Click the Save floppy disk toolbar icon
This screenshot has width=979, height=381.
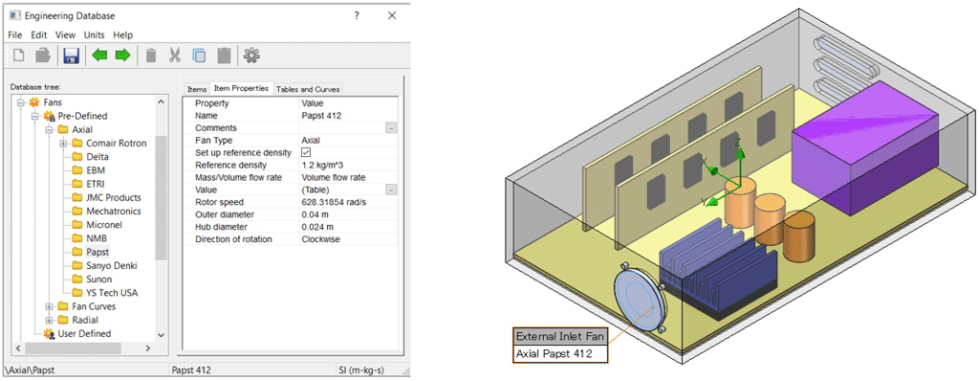[x=72, y=56]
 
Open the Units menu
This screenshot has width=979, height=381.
[x=94, y=34]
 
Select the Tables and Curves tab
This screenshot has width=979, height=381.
[x=308, y=89]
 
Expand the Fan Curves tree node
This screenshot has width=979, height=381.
[x=50, y=306]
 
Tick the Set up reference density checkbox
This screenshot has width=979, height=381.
[x=306, y=152]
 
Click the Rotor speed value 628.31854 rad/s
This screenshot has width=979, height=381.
[x=336, y=202]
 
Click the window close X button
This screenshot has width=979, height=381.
[x=392, y=15]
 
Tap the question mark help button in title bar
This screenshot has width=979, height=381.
[x=356, y=15]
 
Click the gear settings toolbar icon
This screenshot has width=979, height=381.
[x=251, y=56]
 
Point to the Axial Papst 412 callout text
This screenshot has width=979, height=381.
[x=555, y=354]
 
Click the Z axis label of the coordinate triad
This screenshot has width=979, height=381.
[x=738, y=141]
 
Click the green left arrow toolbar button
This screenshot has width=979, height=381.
[x=99, y=56]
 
